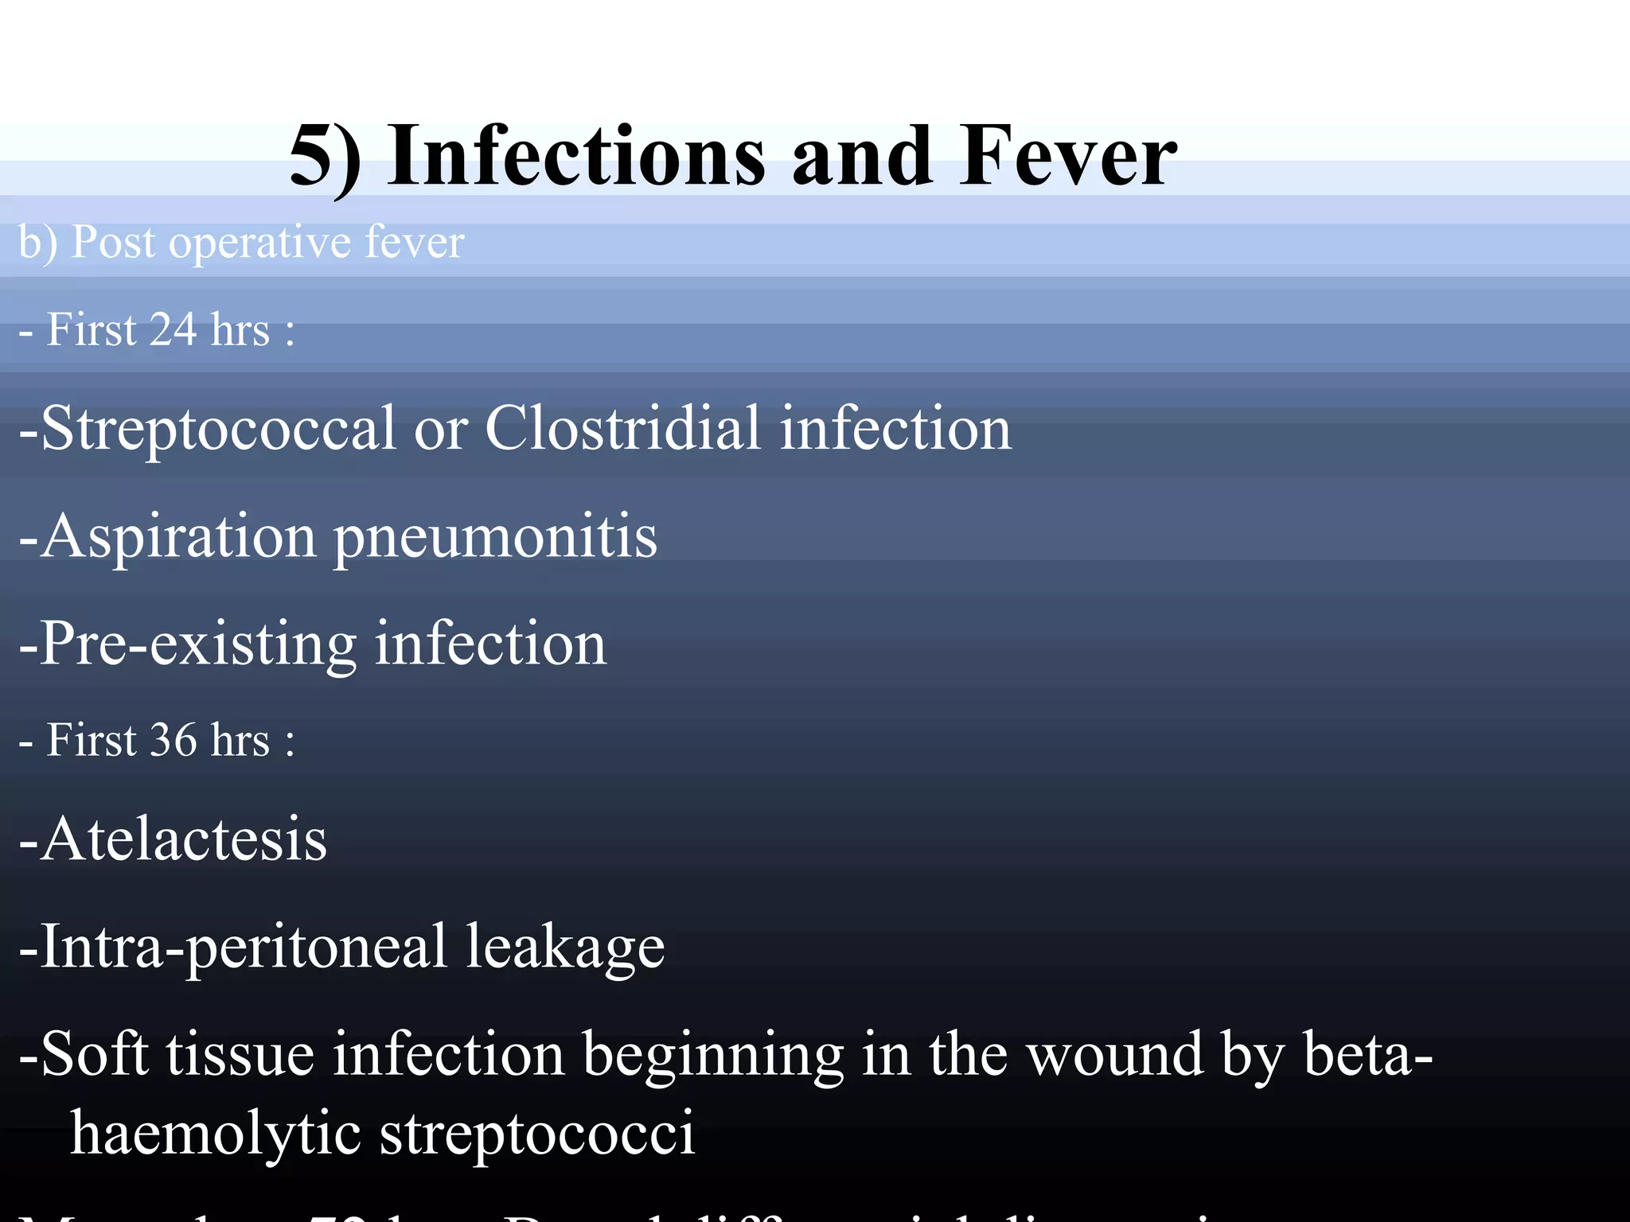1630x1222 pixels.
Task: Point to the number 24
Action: (172, 329)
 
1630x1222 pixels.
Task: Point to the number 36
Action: (174, 740)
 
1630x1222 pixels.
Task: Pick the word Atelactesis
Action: (183, 839)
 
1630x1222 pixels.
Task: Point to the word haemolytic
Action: (215, 1134)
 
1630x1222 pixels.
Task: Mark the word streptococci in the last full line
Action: (537, 1134)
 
